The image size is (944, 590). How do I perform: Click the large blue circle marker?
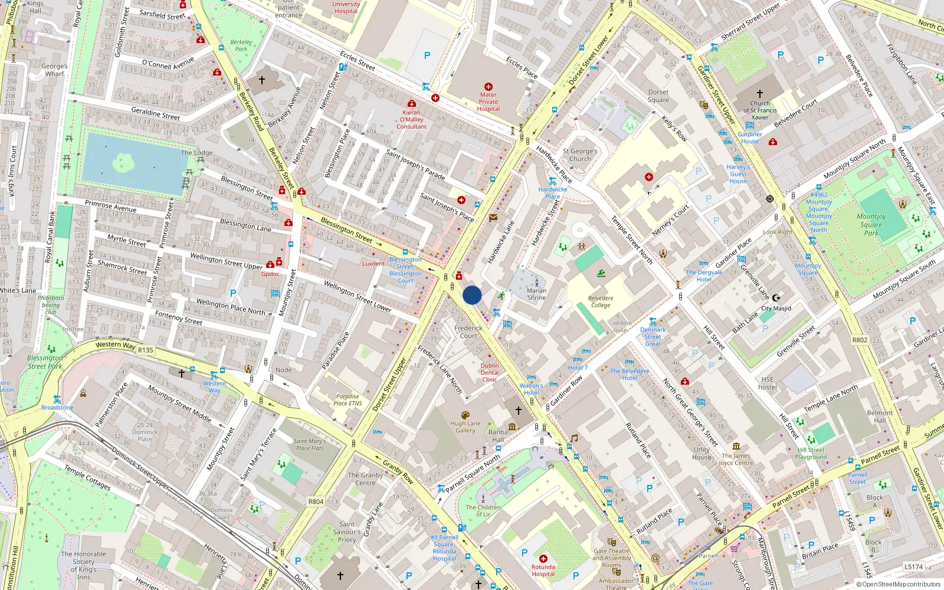coord(472,295)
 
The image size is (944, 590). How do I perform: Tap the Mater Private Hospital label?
coord(488,101)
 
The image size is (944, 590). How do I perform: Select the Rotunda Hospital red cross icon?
coord(543,558)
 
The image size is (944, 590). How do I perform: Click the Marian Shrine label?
coord(536,294)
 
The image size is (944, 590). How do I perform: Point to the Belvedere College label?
coord(601,301)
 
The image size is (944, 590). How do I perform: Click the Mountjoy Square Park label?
coord(871,224)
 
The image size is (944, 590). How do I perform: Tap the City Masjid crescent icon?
coord(776,298)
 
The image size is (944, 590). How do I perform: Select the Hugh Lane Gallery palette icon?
coord(465,415)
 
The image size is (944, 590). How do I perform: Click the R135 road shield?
coord(145,350)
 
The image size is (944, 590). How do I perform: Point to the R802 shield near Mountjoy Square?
coord(860,340)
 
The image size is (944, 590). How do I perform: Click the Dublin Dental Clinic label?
coord(489,372)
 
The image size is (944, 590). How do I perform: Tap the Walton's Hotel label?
coord(531,389)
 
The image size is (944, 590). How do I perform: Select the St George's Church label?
coord(579,155)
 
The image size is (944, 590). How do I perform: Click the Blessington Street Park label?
coord(45,362)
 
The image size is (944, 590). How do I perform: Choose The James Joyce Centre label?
coord(736,459)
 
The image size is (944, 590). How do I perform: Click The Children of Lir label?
coord(483,510)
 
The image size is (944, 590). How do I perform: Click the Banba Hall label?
coord(498,435)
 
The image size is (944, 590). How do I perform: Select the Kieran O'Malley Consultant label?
coord(411,119)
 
